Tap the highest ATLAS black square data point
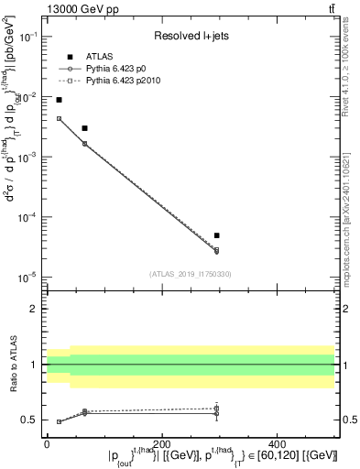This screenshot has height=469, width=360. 60,100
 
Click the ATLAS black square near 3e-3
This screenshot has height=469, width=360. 84,128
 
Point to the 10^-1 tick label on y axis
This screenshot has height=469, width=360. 29,37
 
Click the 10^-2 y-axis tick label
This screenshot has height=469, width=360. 29,97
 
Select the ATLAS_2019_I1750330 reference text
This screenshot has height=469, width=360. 191,273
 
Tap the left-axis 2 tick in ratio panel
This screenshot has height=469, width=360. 35,309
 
